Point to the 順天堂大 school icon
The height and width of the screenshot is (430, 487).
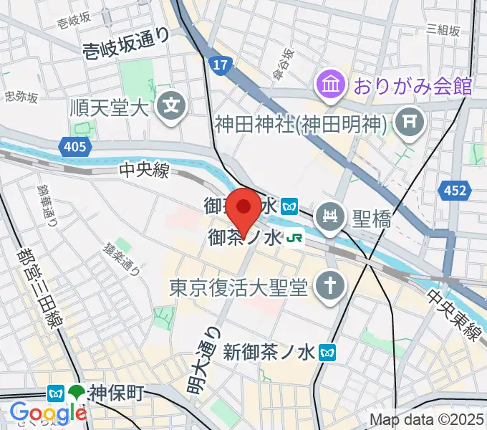point(172,108)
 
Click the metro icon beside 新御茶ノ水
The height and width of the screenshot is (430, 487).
point(329,353)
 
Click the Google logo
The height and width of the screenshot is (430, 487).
point(48,413)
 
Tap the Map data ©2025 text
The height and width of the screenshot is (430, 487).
point(425,420)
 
